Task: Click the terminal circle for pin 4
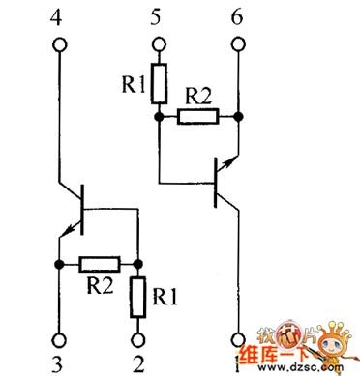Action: point(59,44)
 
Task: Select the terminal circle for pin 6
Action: point(237,44)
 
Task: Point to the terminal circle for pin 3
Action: point(59,338)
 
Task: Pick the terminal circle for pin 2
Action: point(139,338)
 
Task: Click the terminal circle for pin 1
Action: point(237,339)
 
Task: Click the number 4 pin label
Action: point(58,16)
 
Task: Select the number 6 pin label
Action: point(237,16)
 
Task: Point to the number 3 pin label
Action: point(59,364)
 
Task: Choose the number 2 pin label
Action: point(139,364)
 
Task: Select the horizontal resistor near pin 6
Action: point(196,115)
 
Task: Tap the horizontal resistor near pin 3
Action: point(99,264)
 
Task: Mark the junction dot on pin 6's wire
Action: point(237,115)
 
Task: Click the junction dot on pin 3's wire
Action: point(59,264)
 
